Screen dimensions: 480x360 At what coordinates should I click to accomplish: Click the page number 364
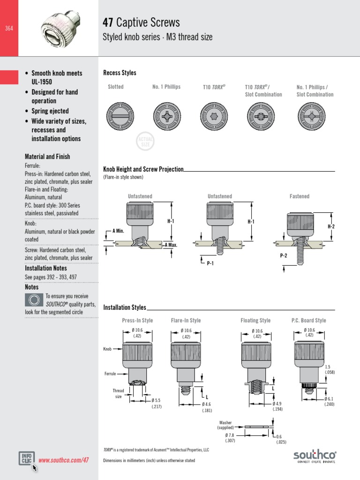pyautogui.click(x=9, y=29)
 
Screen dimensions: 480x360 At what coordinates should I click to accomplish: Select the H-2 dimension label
pyautogui.click(x=331, y=226)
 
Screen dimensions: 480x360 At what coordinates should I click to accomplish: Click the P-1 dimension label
pyautogui.click(x=210, y=263)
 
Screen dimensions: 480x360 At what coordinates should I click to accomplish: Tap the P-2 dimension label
pyautogui.click(x=283, y=255)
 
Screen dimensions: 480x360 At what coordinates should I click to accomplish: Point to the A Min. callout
pyautogui.click(x=118, y=231)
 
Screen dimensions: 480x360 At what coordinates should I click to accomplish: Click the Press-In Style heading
pyautogui.click(x=137, y=321)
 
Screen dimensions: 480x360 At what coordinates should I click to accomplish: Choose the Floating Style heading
pyautogui.click(x=255, y=321)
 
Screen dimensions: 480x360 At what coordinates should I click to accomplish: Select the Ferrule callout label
pyautogui.click(x=110, y=374)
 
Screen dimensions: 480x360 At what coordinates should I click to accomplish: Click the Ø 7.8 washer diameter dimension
pyautogui.click(x=230, y=438)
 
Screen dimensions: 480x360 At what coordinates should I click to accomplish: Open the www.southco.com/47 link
pyautogui.click(x=63, y=460)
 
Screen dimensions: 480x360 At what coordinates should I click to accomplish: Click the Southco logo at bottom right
pyautogui.click(x=315, y=456)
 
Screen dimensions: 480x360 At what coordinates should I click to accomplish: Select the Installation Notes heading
pyautogui.click(x=46, y=269)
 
